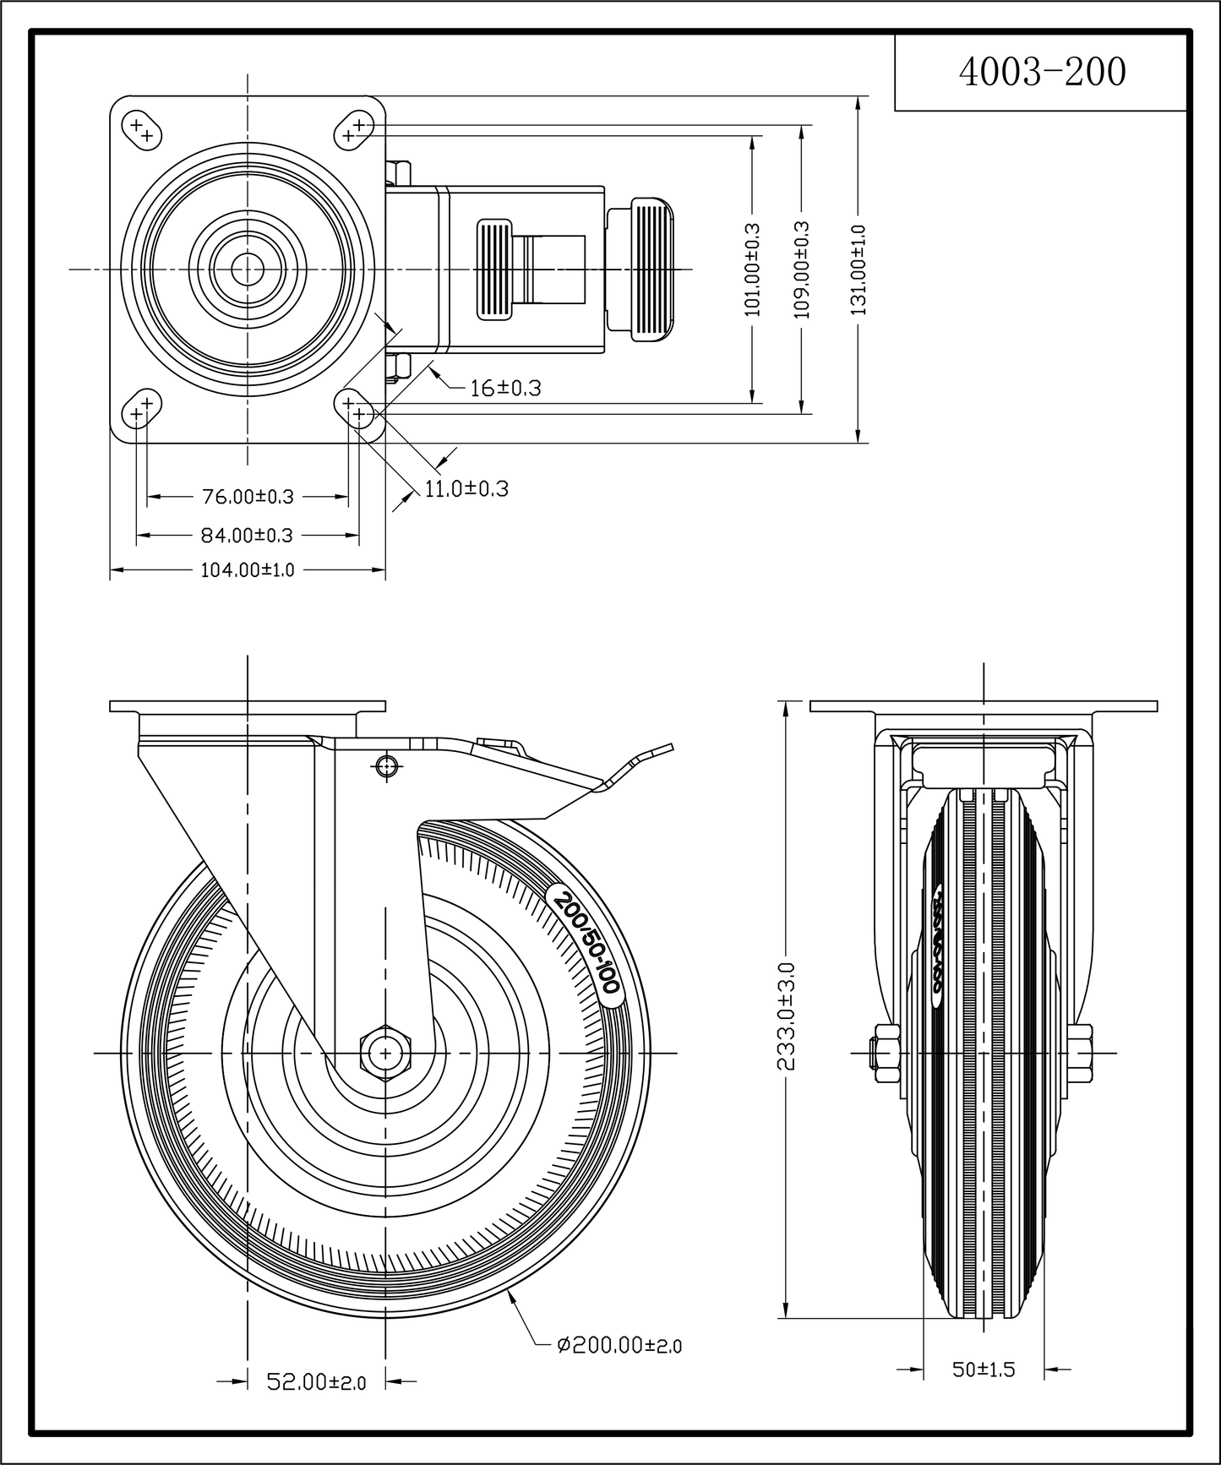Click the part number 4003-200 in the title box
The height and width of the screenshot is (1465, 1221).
pyautogui.click(x=1042, y=74)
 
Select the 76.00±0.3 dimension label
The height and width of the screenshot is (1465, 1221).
pyautogui.click(x=248, y=496)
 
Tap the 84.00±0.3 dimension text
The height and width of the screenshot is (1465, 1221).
pyautogui.click(x=247, y=535)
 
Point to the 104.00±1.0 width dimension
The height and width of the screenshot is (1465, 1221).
pyautogui.click(x=247, y=570)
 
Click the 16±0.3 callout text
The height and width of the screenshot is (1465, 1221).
pyautogui.click(x=505, y=389)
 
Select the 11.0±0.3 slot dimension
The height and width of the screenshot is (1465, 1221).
pyautogui.click(x=466, y=489)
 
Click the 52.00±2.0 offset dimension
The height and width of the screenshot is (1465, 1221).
pyautogui.click(x=316, y=1382)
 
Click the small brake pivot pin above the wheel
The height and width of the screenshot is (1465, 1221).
pyautogui.click(x=386, y=765)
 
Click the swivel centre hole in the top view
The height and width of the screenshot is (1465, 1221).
pyautogui.click(x=247, y=270)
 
